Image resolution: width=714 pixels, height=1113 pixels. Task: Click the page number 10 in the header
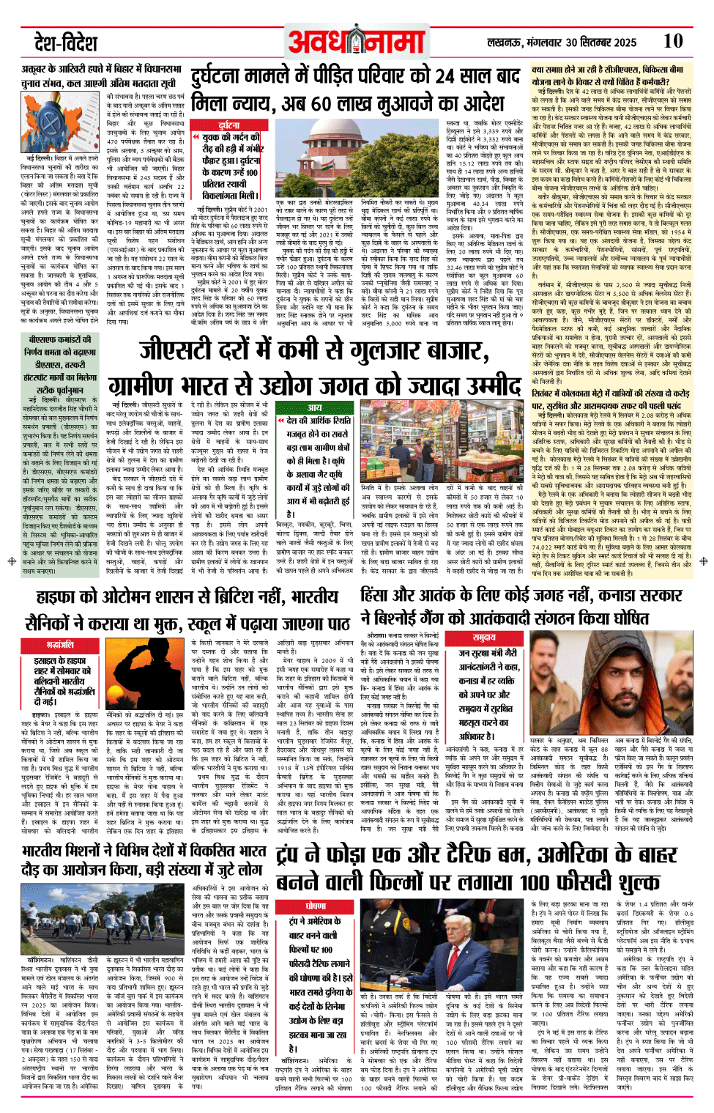pos(672,41)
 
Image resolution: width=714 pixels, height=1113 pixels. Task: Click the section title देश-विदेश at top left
pos(65,42)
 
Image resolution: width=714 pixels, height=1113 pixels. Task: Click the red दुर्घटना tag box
pos(228,125)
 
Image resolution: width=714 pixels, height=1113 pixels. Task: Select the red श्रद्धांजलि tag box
pos(60,644)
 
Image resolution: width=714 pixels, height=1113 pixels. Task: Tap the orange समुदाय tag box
pos(484,637)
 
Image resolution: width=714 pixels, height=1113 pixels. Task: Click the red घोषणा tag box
pos(316,906)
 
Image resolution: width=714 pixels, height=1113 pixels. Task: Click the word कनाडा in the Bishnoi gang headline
pos(614,595)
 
